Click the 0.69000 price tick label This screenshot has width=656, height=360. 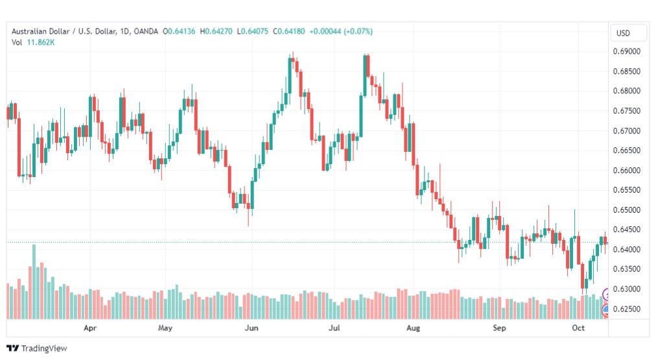pyautogui.click(x=627, y=51)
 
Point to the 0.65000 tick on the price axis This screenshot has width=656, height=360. pyautogui.click(x=627, y=210)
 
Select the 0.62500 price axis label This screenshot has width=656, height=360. pyautogui.click(x=627, y=309)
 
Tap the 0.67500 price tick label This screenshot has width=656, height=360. pyautogui.click(x=627, y=110)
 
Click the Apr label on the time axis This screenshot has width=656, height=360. pyautogui.click(x=90, y=328)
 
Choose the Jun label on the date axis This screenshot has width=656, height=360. pyautogui.click(x=252, y=328)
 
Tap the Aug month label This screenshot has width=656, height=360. pyautogui.click(x=413, y=328)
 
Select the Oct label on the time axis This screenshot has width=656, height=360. pyautogui.click(x=578, y=328)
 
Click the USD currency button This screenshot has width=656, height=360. pyautogui.click(x=623, y=33)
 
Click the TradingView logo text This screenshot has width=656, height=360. pyautogui.click(x=44, y=348)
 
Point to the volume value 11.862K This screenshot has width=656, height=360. pyautogui.click(x=41, y=42)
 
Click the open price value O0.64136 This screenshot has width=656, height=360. pyautogui.click(x=179, y=31)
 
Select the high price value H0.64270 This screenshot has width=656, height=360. pyautogui.click(x=216, y=31)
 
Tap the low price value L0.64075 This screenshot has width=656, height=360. pyautogui.click(x=252, y=31)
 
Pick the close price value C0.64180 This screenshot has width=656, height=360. pyautogui.click(x=288, y=31)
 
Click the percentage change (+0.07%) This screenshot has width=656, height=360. pyautogui.click(x=358, y=31)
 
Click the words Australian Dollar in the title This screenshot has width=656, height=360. pyautogui.click(x=41, y=31)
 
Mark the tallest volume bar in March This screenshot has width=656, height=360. pyautogui.click(x=34, y=282)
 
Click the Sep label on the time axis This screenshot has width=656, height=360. pyautogui.click(x=499, y=328)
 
